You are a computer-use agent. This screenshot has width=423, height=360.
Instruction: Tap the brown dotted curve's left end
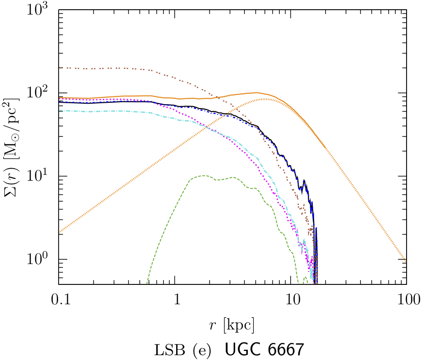[59, 68]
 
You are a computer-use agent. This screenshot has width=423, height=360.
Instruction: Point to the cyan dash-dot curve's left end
[59, 111]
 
